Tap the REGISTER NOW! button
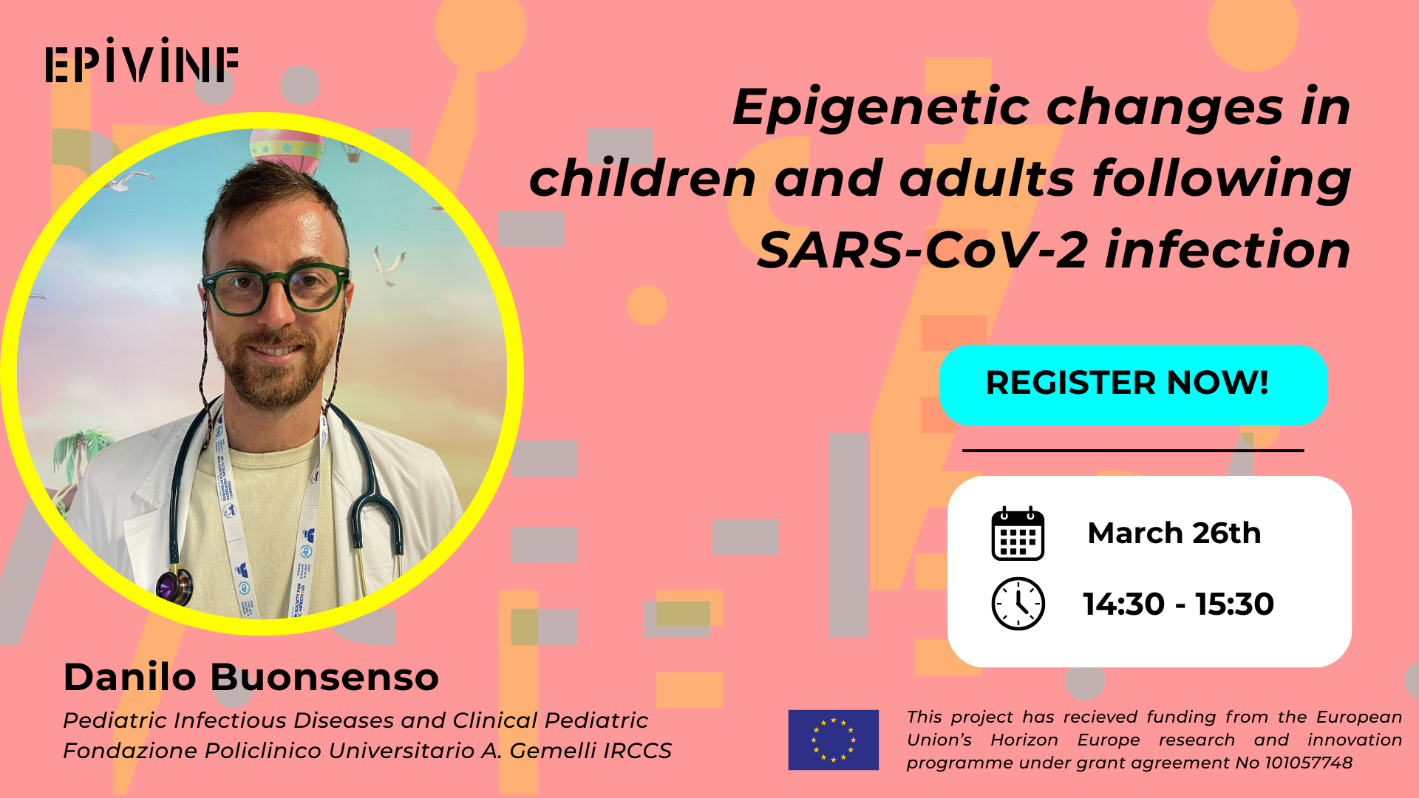coord(1133,384)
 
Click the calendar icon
coord(1018,533)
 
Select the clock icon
coord(1018,604)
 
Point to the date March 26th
coord(1174,533)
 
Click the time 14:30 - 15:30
coord(1178,604)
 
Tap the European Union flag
coord(833,740)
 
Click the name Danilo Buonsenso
coord(251,677)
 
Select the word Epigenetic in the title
coord(881,109)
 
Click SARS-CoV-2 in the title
coord(922,250)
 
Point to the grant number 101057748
coord(1308,763)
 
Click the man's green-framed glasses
coord(275,288)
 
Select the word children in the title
coord(642,179)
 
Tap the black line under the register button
coord(1133,450)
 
